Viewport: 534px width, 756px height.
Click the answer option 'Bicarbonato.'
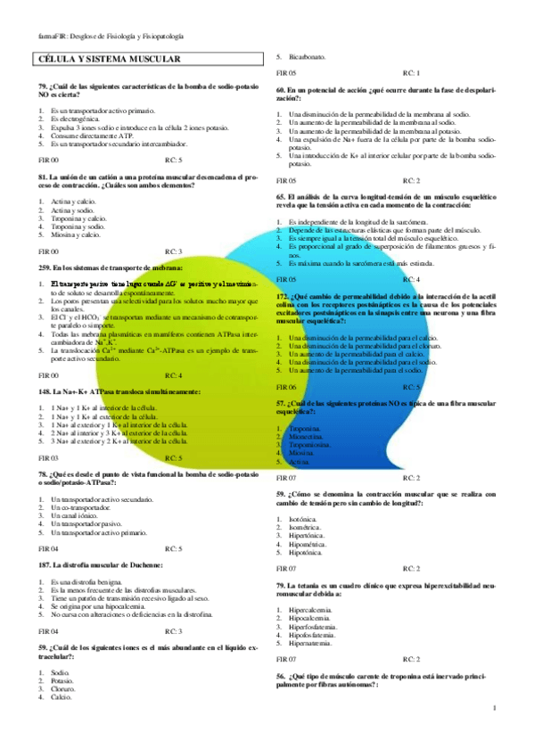coord(308,56)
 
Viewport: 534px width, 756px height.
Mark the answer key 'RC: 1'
coord(411,72)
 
